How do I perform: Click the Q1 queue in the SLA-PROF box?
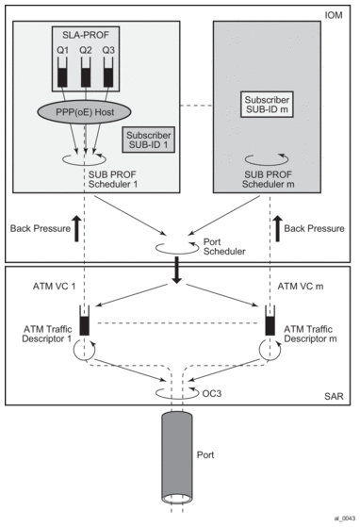coord(62,72)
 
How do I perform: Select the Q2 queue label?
coord(86,50)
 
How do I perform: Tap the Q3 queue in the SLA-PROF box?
coord(108,72)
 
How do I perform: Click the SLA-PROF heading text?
coord(86,35)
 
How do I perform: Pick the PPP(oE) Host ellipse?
coord(85,112)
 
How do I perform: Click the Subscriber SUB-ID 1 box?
coord(149,140)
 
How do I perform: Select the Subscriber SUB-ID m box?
coord(267,105)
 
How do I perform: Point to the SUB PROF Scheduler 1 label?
coord(113,179)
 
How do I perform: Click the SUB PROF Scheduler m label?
coord(268,179)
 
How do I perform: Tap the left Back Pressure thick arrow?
coord(76,228)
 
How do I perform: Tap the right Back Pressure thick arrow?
coord(278,228)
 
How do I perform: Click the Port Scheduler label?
coord(224,247)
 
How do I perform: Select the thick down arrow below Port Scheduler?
coord(176,271)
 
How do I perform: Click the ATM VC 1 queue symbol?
coord(85,321)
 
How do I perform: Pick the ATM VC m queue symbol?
coord(270,321)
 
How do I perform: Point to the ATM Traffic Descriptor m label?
coord(310,334)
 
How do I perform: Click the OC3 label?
coord(211,393)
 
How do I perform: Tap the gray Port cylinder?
coord(177,457)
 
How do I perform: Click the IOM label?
coord(334,15)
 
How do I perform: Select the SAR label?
coord(334,396)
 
